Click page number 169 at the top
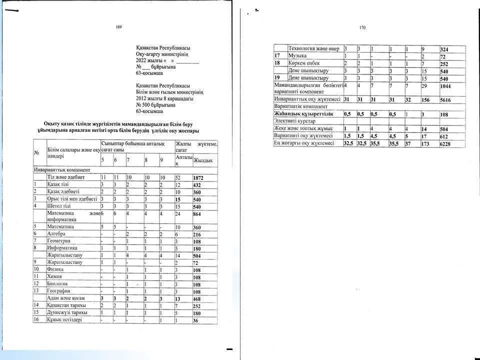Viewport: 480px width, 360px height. (118, 26)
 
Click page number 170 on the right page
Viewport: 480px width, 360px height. (363, 28)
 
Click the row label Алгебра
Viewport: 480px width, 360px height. (56, 233)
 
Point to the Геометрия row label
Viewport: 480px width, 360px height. (59, 240)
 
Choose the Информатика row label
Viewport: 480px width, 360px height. (62, 247)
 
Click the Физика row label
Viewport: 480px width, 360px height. (56, 268)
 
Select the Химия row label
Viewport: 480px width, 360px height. (55, 276)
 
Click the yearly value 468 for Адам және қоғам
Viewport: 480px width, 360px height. (199, 298)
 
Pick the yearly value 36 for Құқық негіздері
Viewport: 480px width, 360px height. (197, 320)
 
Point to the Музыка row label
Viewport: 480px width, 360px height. (298, 56)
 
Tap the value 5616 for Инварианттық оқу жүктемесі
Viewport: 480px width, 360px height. (446, 99)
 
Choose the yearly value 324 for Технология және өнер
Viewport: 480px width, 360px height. (444, 49)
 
